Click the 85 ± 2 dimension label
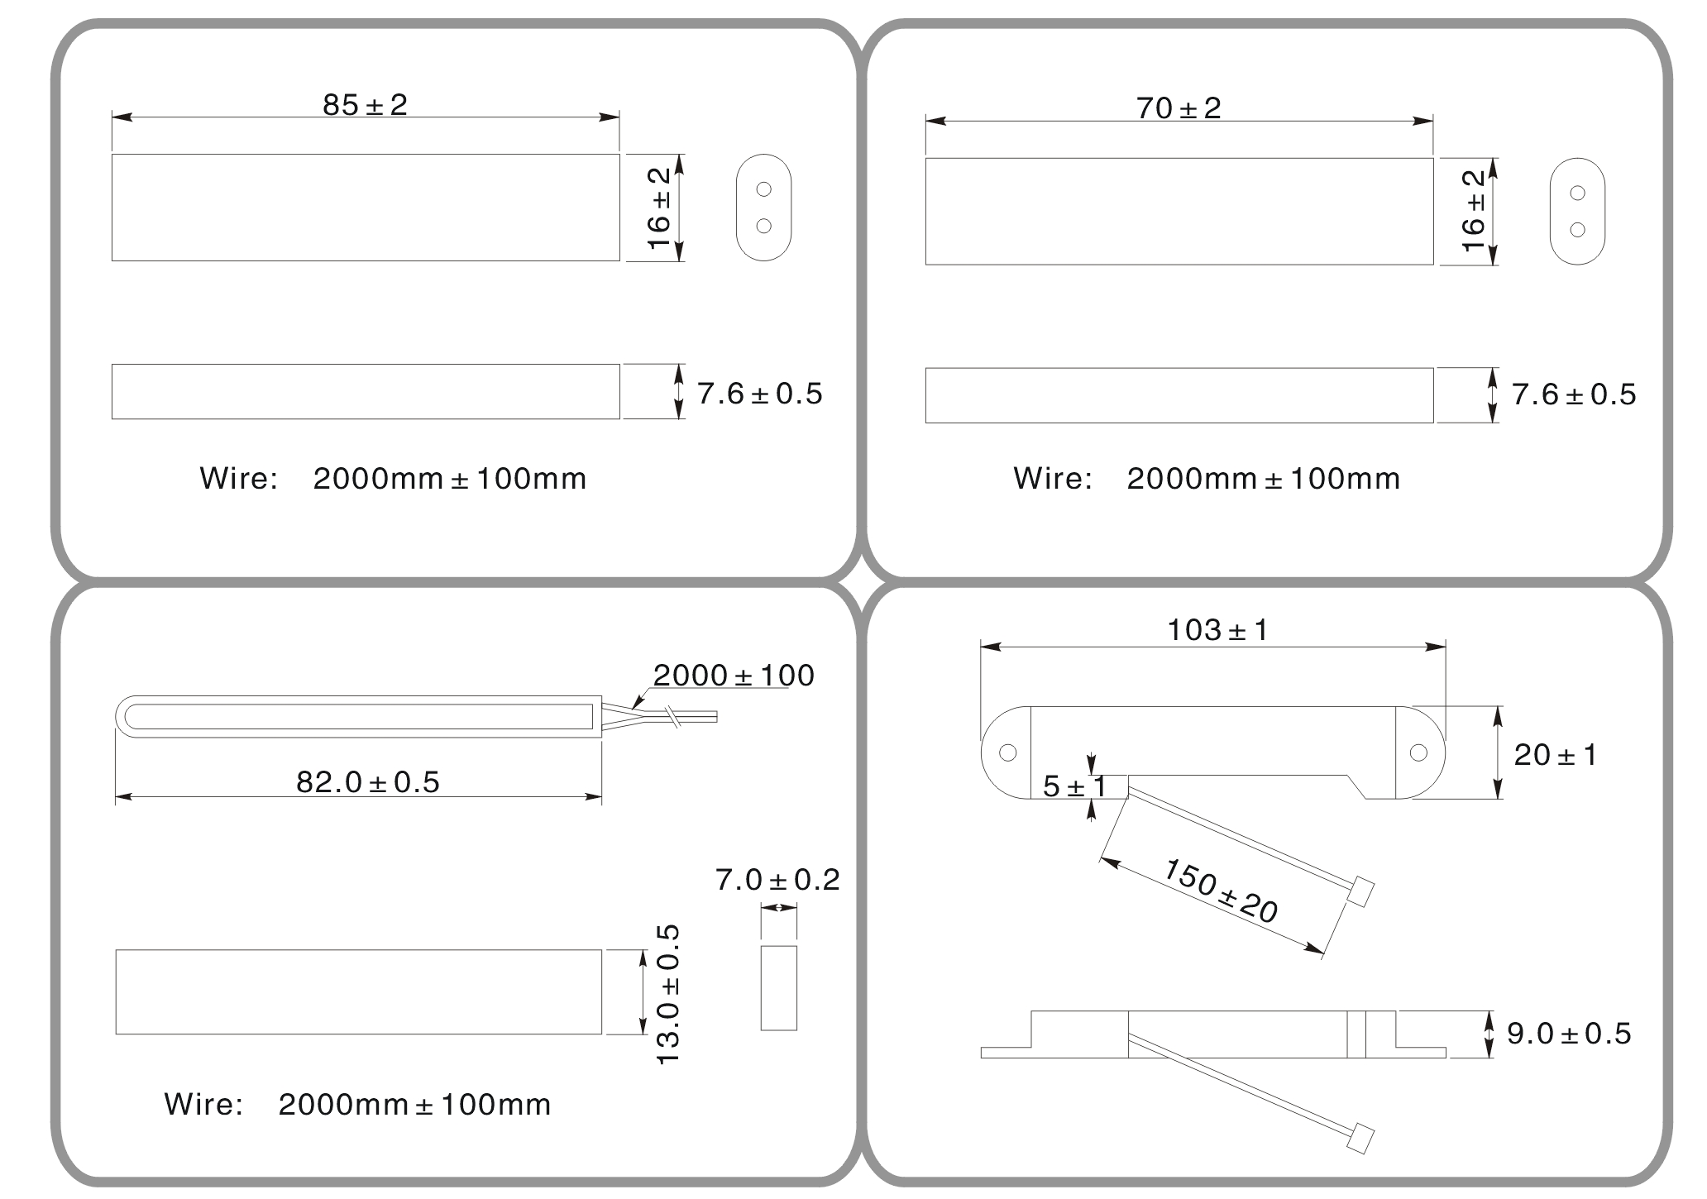click(365, 105)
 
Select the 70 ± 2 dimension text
click(1179, 108)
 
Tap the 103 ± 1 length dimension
click(1217, 630)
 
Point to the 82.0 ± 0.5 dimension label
click(368, 781)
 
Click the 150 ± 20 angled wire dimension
click(1221, 891)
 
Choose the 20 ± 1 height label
click(1556, 755)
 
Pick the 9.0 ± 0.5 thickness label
click(1569, 1034)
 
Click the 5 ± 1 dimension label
click(1074, 786)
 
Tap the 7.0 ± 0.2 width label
click(777, 880)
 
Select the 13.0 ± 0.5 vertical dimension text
click(667, 994)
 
